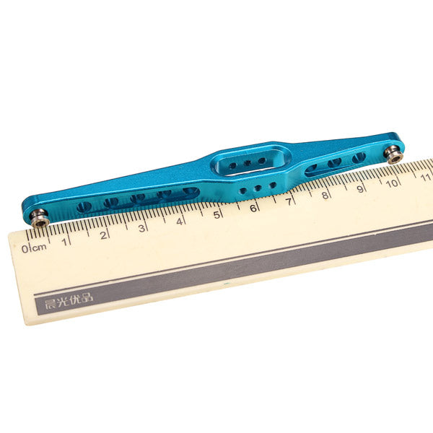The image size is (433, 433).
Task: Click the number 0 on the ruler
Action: [x=25, y=249]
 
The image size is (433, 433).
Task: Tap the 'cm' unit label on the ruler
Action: [x=39, y=248]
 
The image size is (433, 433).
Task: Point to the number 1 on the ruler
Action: [x=64, y=242]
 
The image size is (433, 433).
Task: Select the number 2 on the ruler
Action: [x=103, y=235]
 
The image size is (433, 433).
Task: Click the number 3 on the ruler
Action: [x=141, y=228]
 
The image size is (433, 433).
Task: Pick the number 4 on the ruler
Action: [x=180, y=222]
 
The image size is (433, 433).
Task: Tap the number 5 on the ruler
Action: [x=216, y=214]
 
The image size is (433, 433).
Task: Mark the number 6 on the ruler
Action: [x=253, y=209]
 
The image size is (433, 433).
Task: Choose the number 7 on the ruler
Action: [x=289, y=202]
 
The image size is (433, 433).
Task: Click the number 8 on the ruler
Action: [x=325, y=196]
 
